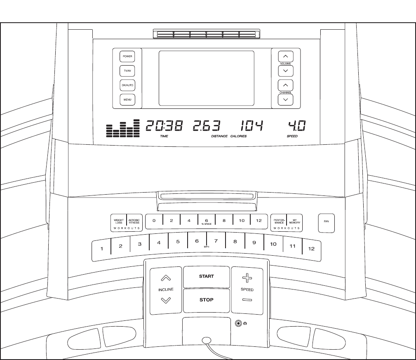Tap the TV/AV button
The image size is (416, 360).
[127, 71]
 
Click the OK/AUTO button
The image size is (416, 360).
[127, 85]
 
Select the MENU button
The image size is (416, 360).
[127, 100]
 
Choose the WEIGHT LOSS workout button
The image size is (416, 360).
[119, 221]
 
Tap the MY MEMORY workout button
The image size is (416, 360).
[294, 221]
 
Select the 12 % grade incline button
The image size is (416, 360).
[259, 221]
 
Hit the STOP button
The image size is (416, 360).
[206, 300]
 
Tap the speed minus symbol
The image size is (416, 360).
[247, 299]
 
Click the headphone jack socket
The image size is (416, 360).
[238, 324]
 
